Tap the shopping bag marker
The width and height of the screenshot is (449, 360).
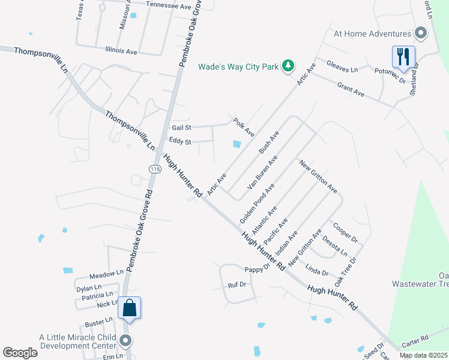coord(130,308)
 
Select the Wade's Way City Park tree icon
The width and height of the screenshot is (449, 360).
coord(289,65)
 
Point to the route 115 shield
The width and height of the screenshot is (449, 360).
coord(155,170)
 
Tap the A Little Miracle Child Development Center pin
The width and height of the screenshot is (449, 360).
coord(125,341)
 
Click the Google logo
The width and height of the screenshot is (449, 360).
coord(20,353)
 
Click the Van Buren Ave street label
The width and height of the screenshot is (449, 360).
coord(262,173)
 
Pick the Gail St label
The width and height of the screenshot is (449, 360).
coord(181,128)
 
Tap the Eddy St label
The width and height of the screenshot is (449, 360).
coord(179,142)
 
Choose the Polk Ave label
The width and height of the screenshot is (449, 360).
coord(244,126)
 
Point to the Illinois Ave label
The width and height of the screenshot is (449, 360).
coord(121,52)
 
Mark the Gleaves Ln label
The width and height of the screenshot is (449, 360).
coord(342,66)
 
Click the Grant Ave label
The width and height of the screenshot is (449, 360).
coord(351,90)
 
